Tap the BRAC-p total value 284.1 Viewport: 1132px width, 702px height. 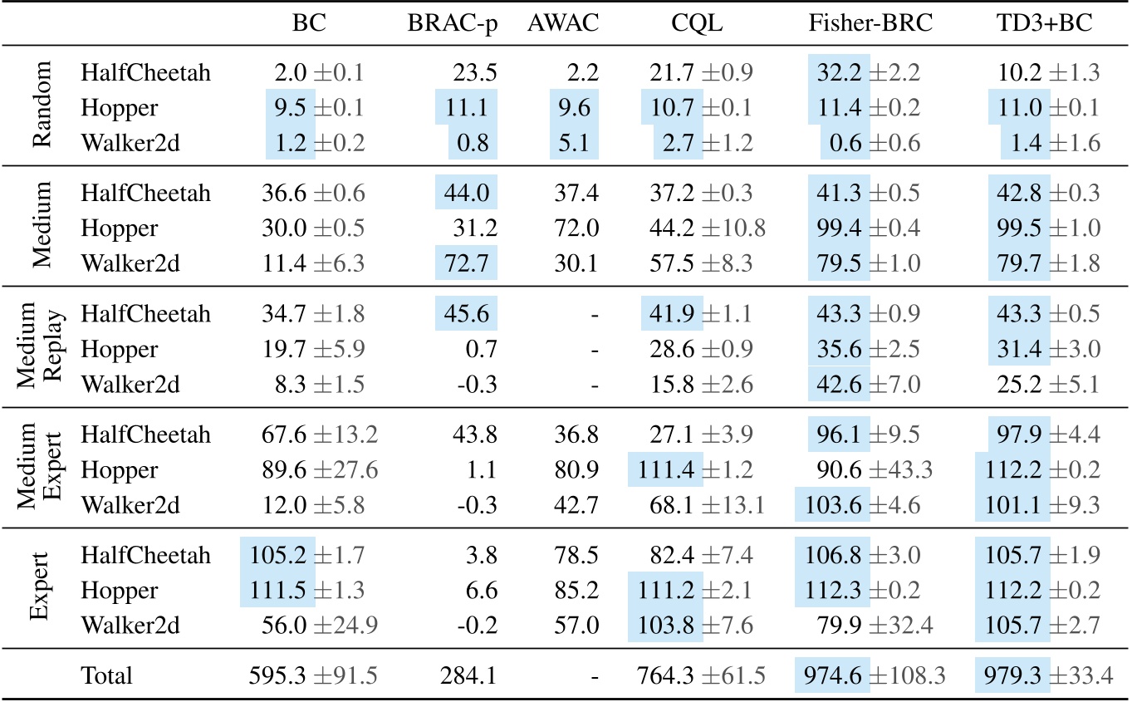[x=470, y=676]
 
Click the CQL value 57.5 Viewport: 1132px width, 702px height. [x=671, y=264]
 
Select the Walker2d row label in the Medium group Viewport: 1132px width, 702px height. [x=123, y=264]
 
